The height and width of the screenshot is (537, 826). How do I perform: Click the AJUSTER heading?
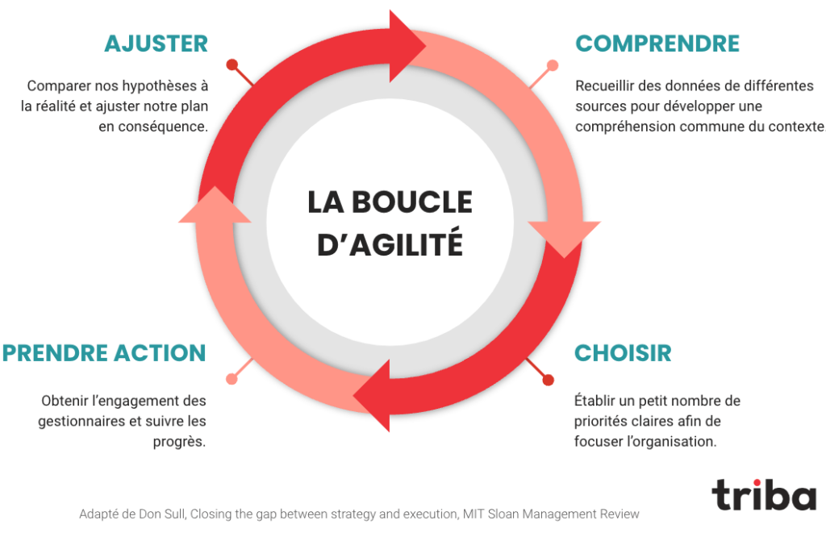click(x=156, y=44)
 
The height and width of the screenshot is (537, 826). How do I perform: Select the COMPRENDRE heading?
click(x=657, y=44)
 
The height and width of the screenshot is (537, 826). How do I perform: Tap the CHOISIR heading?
click(x=623, y=353)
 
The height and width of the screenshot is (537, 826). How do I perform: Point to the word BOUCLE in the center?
click(x=412, y=202)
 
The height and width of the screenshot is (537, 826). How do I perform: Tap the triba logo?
click(x=764, y=495)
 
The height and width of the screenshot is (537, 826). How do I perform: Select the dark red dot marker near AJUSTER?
click(x=232, y=65)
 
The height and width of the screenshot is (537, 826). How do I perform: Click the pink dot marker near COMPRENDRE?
click(x=553, y=65)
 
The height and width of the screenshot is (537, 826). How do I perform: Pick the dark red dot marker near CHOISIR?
click(x=549, y=380)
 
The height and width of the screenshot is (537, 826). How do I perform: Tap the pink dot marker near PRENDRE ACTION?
click(x=232, y=379)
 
